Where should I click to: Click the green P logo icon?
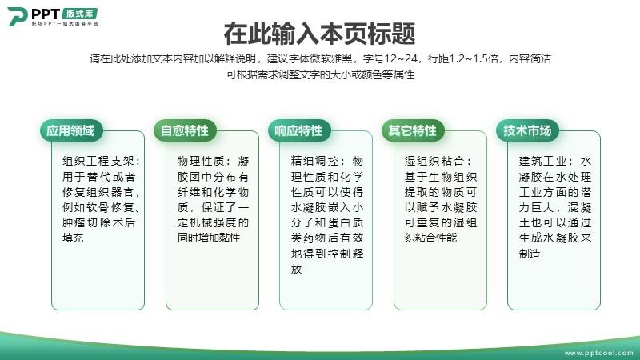click(x=17, y=16)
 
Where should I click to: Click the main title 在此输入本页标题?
click(x=319, y=34)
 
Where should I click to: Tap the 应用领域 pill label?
click(x=71, y=130)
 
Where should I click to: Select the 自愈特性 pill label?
click(x=185, y=130)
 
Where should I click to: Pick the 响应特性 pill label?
click(x=298, y=130)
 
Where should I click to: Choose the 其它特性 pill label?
click(x=413, y=130)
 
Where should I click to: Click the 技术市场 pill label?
click(x=527, y=130)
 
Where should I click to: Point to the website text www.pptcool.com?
click(x=598, y=353)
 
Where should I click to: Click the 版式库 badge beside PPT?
click(x=79, y=14)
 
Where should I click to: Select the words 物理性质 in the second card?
click(x=200, y=162)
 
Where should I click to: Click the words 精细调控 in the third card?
click(x=314, y=162)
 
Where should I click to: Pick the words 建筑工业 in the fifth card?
click(x=542, y=162)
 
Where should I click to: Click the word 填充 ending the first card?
click(x=73, y=238)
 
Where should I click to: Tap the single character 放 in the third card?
click(x=296, y=269)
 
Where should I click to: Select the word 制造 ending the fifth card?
click(x=530, y=254)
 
